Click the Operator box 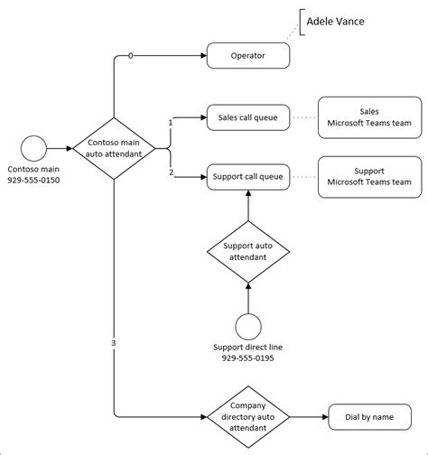point(248,55)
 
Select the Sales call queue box point(248,117)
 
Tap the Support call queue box point(248,177)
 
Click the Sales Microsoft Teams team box point(370,117)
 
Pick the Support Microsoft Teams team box point(370,177)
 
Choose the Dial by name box point(369,417)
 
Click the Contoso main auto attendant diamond point(114,148)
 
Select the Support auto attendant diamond point(248,252)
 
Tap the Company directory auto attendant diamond point(248,417)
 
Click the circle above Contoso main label point(33,148)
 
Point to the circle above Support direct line point(248,327)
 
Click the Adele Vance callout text point(335,22)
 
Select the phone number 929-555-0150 point(33,181)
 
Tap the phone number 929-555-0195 point(247,358)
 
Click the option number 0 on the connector point(130,56)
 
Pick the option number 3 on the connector point(114,343)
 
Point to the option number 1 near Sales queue point(171,123)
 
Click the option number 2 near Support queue point(172,172)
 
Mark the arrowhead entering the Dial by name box point(325,417)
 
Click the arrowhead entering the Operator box point(204,55)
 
